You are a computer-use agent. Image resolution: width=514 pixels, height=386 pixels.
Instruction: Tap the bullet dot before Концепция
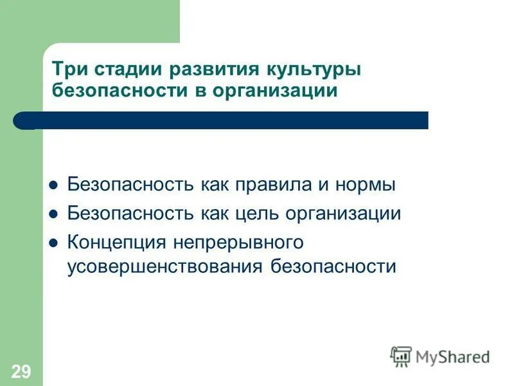click(x=54, y=243)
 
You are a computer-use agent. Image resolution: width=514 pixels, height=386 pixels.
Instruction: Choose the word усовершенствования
click(x=165, y=266)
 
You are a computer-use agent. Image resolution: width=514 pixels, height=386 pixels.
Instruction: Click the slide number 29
click(x=21, y=370)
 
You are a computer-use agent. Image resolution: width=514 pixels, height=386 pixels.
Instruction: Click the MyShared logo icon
click(x=401, y=356)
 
